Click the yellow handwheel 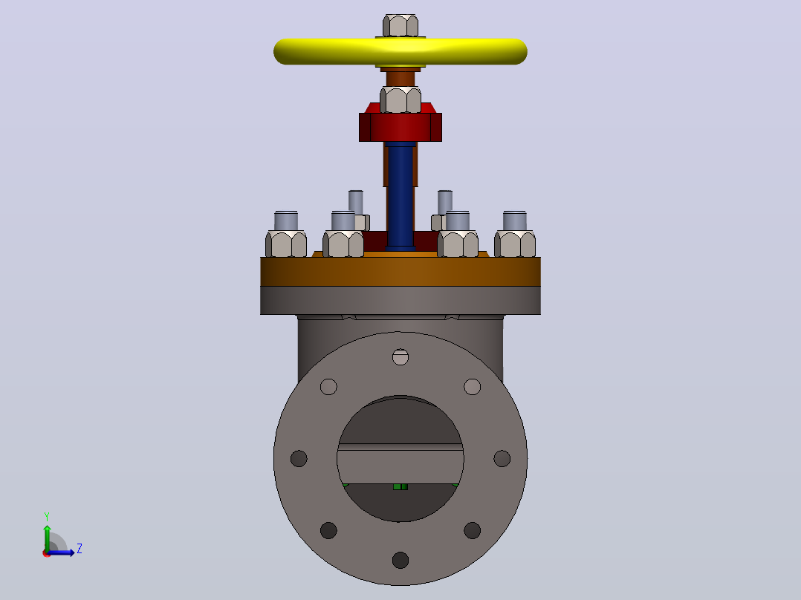400,51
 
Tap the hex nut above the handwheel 400,25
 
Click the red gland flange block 400,126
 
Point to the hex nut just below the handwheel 400,100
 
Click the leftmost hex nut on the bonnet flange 286,244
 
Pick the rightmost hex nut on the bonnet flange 515,244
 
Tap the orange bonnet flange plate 400,271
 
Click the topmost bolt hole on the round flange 400,357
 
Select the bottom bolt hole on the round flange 400,560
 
